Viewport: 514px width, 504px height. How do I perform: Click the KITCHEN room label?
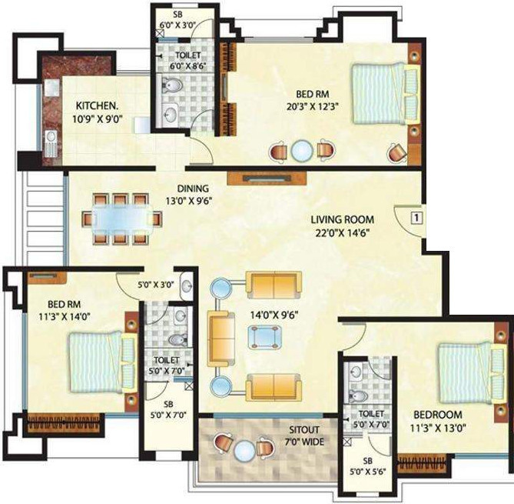97,105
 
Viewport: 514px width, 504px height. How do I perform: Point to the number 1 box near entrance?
416,217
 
